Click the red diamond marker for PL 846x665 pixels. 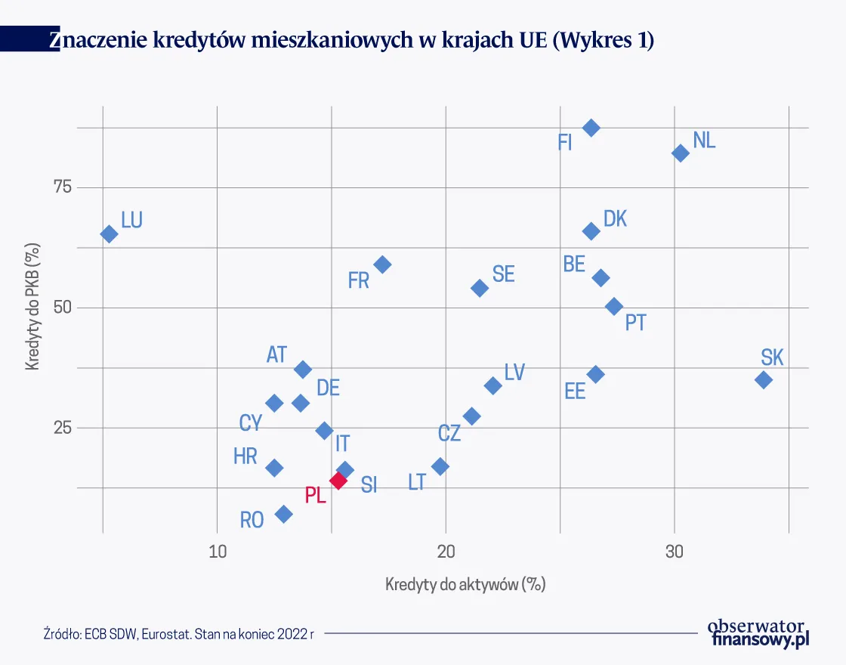338,481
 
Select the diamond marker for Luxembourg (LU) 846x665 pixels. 109,234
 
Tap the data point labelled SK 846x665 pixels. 764,380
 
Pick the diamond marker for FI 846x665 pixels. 591,128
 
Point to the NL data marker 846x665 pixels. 681,153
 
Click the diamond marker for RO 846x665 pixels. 284,515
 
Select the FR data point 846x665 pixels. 383,264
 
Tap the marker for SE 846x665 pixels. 480,288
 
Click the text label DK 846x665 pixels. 615,219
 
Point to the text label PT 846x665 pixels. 635,323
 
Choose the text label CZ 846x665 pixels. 449,433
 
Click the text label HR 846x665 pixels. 245,456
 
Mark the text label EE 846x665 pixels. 575,391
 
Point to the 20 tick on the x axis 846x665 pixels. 446,552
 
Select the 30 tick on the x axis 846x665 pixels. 675,552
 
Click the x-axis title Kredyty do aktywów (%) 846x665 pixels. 465,584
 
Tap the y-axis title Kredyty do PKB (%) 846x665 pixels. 32,307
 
